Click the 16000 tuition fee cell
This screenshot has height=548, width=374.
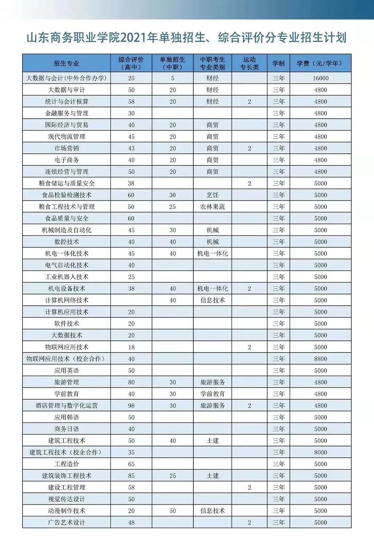click(320, 78)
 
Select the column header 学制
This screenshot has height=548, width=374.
click(278, 63)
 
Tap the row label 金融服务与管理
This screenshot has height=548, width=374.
click(66, 113)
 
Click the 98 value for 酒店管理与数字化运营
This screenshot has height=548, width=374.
click(131, 405)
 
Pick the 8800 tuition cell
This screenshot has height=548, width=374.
click(320, 359)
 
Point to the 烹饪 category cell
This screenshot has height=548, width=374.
click(212, 195)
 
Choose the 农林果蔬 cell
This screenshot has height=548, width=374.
click(212, 207)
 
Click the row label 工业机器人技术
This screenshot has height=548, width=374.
click(66, 277)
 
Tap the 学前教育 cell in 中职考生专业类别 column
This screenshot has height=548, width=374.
click(212, 394)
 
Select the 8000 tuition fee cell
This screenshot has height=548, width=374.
click(320, 452)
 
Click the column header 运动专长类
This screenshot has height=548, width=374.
click(249, 63)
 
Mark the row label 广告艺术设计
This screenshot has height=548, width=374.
click(66, 522)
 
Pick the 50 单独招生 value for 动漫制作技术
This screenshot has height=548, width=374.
click(172, 511)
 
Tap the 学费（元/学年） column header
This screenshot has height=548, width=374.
click(320, 63)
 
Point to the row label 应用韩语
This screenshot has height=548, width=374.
click(66, 417)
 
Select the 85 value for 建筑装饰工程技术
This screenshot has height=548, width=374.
click(131, 476)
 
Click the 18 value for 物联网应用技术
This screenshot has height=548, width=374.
click(131, 347)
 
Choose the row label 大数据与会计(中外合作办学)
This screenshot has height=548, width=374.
click(66, 78)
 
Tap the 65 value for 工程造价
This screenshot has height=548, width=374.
click(131, 464)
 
